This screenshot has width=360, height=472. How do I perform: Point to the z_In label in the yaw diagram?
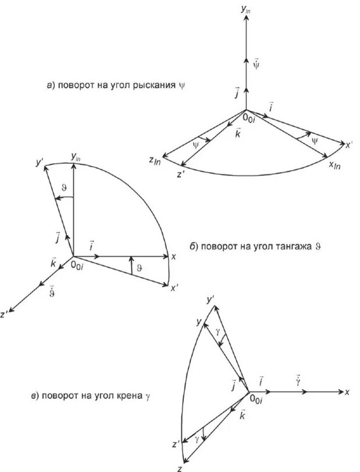click(154, 161)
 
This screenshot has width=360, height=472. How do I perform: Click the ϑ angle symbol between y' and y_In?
click(64, 188)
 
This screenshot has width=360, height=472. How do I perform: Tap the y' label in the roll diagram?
click(211, 300)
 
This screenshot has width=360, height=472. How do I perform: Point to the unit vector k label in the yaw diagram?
click(238, 134)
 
